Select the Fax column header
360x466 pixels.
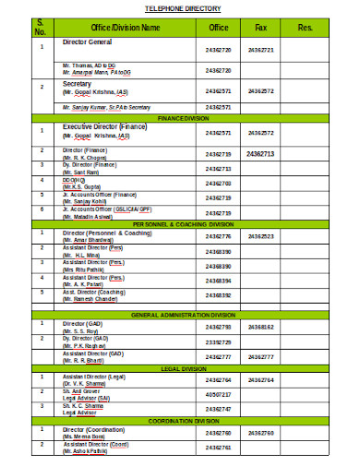261,28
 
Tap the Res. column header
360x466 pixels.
306,28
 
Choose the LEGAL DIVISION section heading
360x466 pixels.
183,368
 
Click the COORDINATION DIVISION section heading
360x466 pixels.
183,421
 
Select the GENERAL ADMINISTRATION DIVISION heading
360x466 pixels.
183,315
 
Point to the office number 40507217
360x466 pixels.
219,394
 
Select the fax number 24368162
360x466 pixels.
261,327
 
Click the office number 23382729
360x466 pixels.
219,341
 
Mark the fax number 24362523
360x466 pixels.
261,236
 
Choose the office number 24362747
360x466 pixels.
219,409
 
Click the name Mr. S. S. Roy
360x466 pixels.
80,330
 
